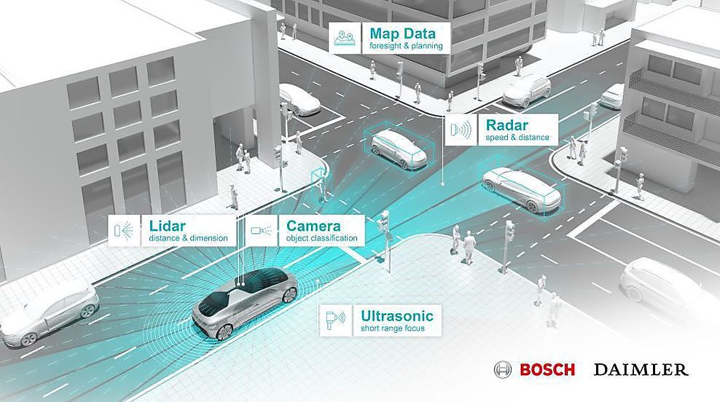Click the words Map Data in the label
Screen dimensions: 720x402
click(402, 33)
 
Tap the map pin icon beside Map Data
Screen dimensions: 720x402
click(345, 38)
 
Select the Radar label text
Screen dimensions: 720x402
click(507, 125)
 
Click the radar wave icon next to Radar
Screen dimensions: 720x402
click(461, 130)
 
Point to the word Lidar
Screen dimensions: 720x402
click(167, 226)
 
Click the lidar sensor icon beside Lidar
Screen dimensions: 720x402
click(123, 230)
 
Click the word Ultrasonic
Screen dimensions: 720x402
click(396, 316)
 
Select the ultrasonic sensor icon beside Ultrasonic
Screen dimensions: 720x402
click(334, 318)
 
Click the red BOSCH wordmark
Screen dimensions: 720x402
click(547, 369)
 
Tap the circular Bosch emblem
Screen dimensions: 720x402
click(503, 369)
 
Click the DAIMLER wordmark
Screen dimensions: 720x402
click(641, 369)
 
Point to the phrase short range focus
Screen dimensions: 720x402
click(393, 328)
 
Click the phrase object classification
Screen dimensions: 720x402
click(321, 238)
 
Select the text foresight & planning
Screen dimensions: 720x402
click(406, 46)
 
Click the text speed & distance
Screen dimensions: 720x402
click(517, 137)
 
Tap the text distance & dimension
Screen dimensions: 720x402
click(188, 238)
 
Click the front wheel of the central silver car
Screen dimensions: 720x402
click(224, 331)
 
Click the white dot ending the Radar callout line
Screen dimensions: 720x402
click(442, 184)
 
